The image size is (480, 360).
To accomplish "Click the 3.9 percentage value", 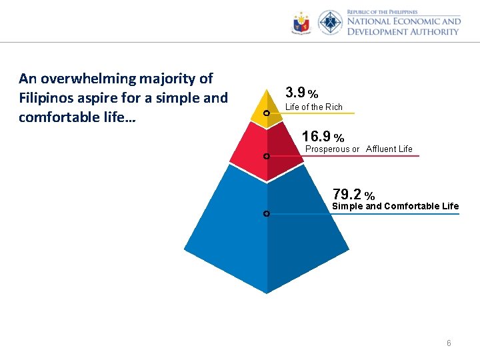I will pyautogui.click(x=301, y=92).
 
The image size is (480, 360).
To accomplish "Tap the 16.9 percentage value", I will pyautogui.click(x=323, y=137).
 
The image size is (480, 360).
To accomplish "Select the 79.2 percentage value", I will pyautogui.click(x=353, y=195).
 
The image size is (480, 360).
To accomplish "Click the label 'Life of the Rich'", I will pyautogui.click(x=313, y=107).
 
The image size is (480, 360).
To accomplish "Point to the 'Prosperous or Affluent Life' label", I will pyautogui.click(x=359, y=149).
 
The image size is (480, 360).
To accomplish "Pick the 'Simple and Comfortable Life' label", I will pyautogui.click(x=395, y=207).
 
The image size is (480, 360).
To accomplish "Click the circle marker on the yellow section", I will pyautogui.click(x=266, y=114).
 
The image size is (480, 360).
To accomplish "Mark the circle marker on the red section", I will pyautogui.click(x=266, y=157).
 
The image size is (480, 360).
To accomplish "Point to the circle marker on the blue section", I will pyautogui.click(x=266, y=214).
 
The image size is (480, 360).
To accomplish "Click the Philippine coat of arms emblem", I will pyautogui.click(x=301, y=24).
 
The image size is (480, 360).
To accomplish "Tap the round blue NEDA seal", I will pyautogui.click(x=330, y=23).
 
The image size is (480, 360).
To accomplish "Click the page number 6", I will pyautogui.click(x=449, y=343).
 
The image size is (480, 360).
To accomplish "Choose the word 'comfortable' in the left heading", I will pyautogui.click(x=58, y=117).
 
